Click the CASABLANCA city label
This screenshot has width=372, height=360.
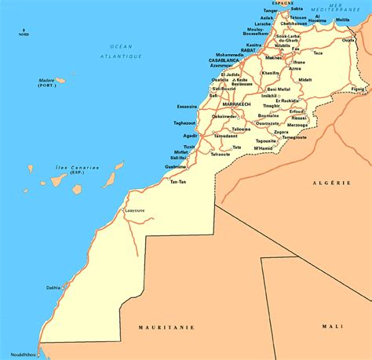click(224, 60)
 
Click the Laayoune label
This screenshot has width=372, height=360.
click(135, 210)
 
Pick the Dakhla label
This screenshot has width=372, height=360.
click(53, 286)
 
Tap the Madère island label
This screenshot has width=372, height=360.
click(48, 79)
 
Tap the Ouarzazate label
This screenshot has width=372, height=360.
click(268, 122)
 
